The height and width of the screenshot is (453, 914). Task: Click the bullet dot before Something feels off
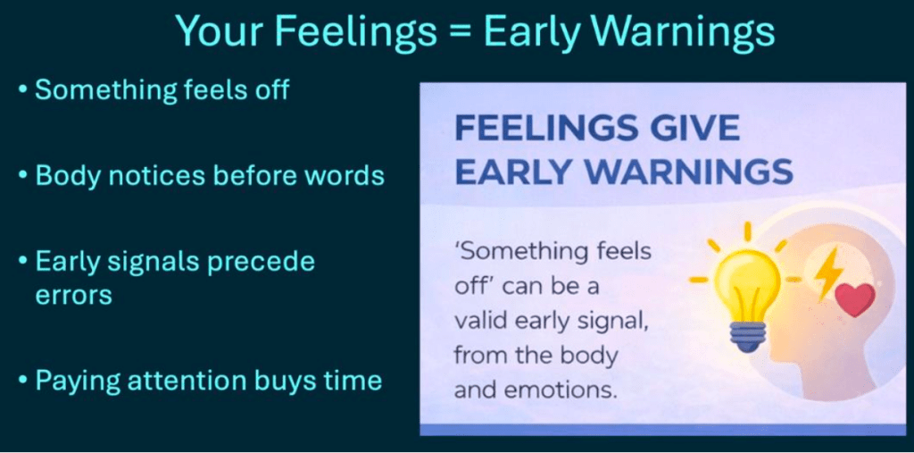(x=22, y=92)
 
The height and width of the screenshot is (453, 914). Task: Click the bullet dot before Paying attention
(x=22, y=382)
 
